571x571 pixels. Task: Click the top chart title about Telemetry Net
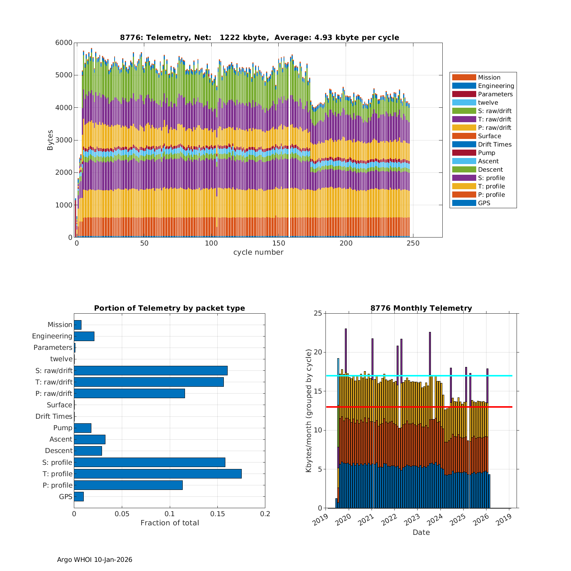(259, 37)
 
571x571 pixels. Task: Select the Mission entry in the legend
(489, 77)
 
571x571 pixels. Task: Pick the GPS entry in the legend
(484, 203)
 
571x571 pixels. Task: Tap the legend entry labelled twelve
(488, 102)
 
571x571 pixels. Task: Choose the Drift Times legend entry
(494, 144)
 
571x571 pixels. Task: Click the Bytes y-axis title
(50, 140)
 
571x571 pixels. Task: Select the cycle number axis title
(258, 252)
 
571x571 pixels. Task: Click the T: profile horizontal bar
(158, 474)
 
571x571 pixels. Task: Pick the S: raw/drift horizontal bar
(151, 370)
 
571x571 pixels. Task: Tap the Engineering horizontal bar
(84, 336)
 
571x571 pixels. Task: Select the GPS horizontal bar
(79, 496)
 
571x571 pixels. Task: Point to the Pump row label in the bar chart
(62, 428)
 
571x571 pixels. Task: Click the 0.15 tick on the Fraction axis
(217, 514)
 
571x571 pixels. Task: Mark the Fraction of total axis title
(169, 523)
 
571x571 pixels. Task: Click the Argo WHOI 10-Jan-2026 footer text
(94, 560)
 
